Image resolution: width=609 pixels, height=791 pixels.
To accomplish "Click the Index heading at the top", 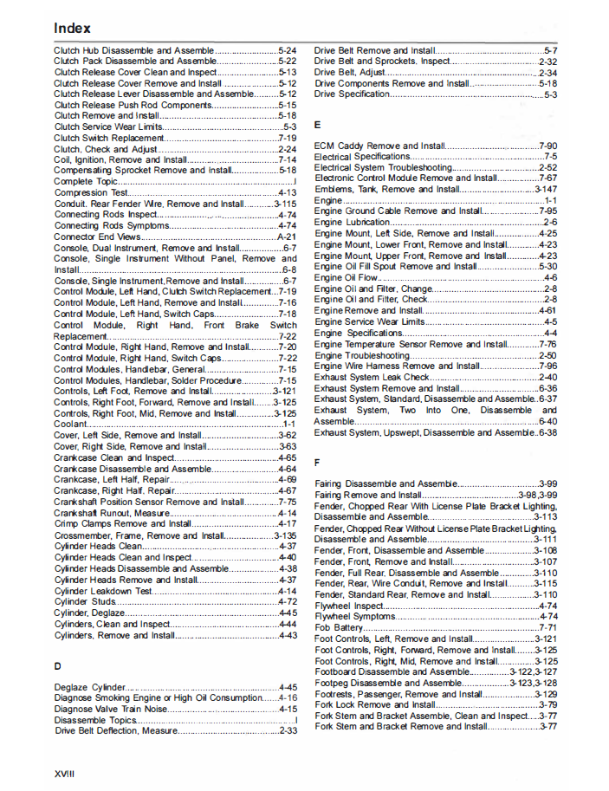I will click(x=72, y=28).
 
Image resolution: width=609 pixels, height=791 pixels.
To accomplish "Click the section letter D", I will click(x=57, y=665).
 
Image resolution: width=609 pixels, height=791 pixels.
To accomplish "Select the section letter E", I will click(x=318, y=125).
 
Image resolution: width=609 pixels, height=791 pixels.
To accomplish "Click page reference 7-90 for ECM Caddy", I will click(x=547, y=146).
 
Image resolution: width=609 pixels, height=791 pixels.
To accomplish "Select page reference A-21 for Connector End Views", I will click(x=287, y=237).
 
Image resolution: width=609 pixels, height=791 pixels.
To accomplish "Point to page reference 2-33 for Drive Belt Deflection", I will click(x=288, y=730).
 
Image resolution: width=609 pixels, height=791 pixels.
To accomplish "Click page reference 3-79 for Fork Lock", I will click(x=547, y=704).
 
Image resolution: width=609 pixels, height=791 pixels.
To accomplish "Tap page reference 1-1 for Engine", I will click(x=550, y=200).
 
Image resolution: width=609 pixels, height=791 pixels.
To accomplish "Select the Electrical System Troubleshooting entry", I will click(x=383, y=167).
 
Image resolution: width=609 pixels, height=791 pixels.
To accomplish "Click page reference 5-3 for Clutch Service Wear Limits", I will click(x=290, y=126).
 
